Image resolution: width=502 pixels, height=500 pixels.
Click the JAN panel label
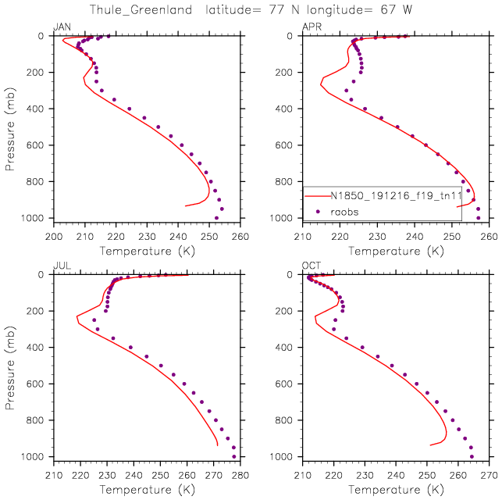click(61, 27)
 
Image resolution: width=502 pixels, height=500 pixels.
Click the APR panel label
click(311, 27)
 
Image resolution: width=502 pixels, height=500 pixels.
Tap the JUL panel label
click(60, 266)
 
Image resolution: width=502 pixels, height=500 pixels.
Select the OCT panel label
click(311, 266)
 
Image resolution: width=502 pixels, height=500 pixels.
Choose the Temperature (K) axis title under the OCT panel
click(396, 490)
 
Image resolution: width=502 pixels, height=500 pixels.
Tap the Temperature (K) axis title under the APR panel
click(396, 251)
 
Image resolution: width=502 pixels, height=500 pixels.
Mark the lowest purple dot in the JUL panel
click(234, 457)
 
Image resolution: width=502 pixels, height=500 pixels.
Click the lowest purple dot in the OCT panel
click(472, 457)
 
